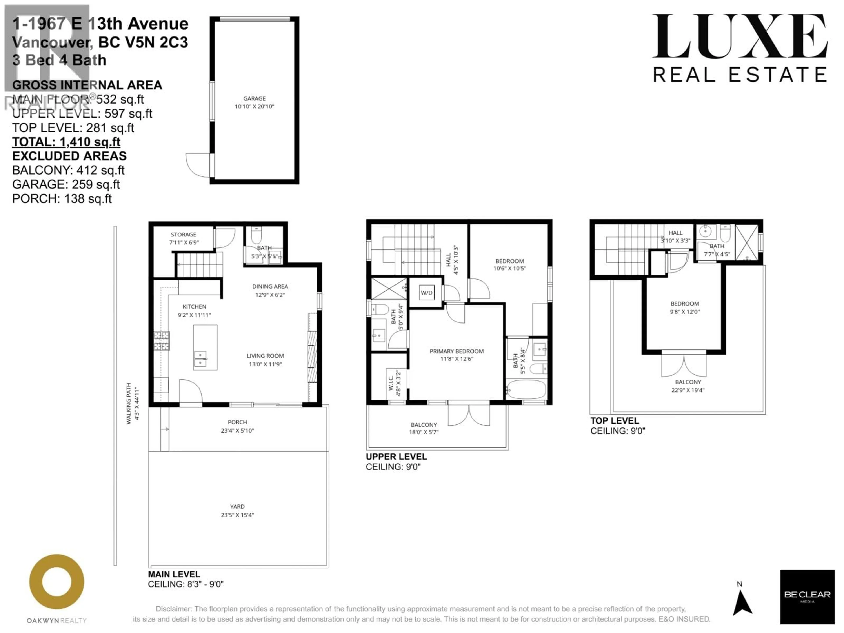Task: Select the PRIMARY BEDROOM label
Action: tap(456, 351)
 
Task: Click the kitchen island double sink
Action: tap(200, 359)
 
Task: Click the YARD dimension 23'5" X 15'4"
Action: tap(237, 515)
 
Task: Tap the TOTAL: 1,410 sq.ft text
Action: tap(66, 142)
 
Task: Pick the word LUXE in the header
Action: tap(739, 37)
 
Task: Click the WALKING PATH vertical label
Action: tap(129, 403)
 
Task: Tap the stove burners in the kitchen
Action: tap(162, 341)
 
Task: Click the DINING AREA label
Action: tap(270, 286)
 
